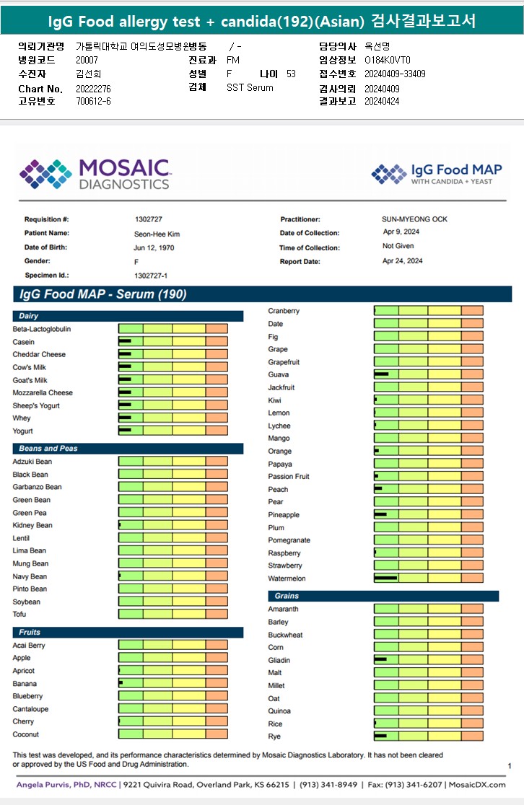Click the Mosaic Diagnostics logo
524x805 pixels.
[95, 174]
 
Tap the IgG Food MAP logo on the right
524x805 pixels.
[437, 174]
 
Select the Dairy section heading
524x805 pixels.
[30, 316]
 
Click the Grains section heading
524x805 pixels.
[287, 596]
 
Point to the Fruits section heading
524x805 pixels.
[30, 632]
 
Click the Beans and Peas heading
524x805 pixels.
[48, 448]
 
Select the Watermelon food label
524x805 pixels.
[287, 579]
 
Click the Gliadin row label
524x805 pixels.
[279, 660]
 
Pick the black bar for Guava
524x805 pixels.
[382, 374]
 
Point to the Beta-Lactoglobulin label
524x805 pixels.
[42, 329]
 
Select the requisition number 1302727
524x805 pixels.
[149, 219]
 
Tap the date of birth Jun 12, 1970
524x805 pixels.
[154, 247]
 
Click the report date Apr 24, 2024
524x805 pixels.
[403, 261]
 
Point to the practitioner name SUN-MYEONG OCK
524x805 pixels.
[415, 219]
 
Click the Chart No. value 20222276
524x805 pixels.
[93, 89]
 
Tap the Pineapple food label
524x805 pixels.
[284, 515]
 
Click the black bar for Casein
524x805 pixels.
[125, 341]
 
